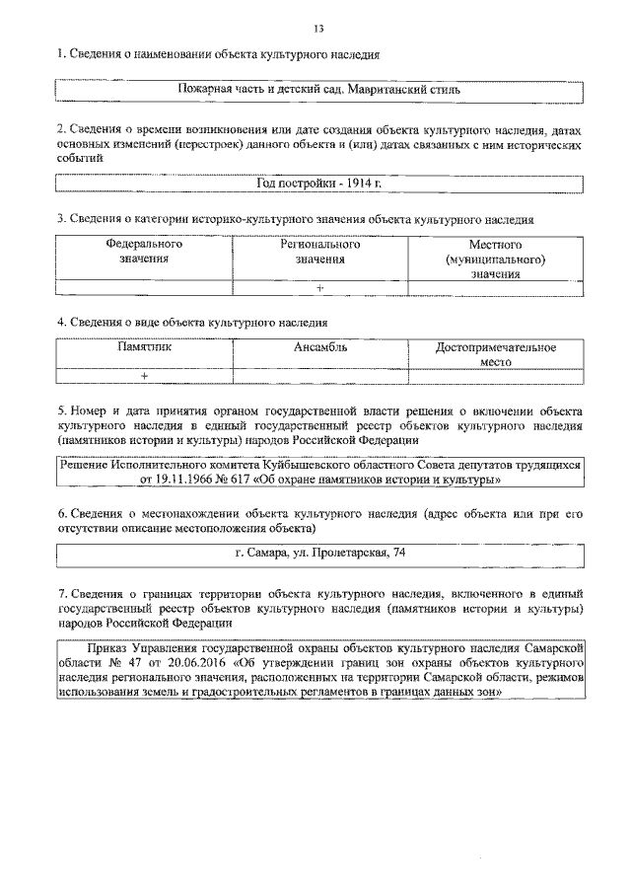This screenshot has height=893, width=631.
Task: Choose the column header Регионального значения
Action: point(320,251)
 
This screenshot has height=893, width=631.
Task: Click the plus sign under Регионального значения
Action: point(320,287)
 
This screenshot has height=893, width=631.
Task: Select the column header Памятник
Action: point(144,347)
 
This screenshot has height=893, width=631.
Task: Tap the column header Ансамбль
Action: point(320,347)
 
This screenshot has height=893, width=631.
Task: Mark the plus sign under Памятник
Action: point(144,376)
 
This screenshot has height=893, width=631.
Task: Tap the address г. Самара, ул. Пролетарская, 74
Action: point(320,553)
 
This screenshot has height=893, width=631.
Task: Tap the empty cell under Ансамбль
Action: point(320,376)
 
